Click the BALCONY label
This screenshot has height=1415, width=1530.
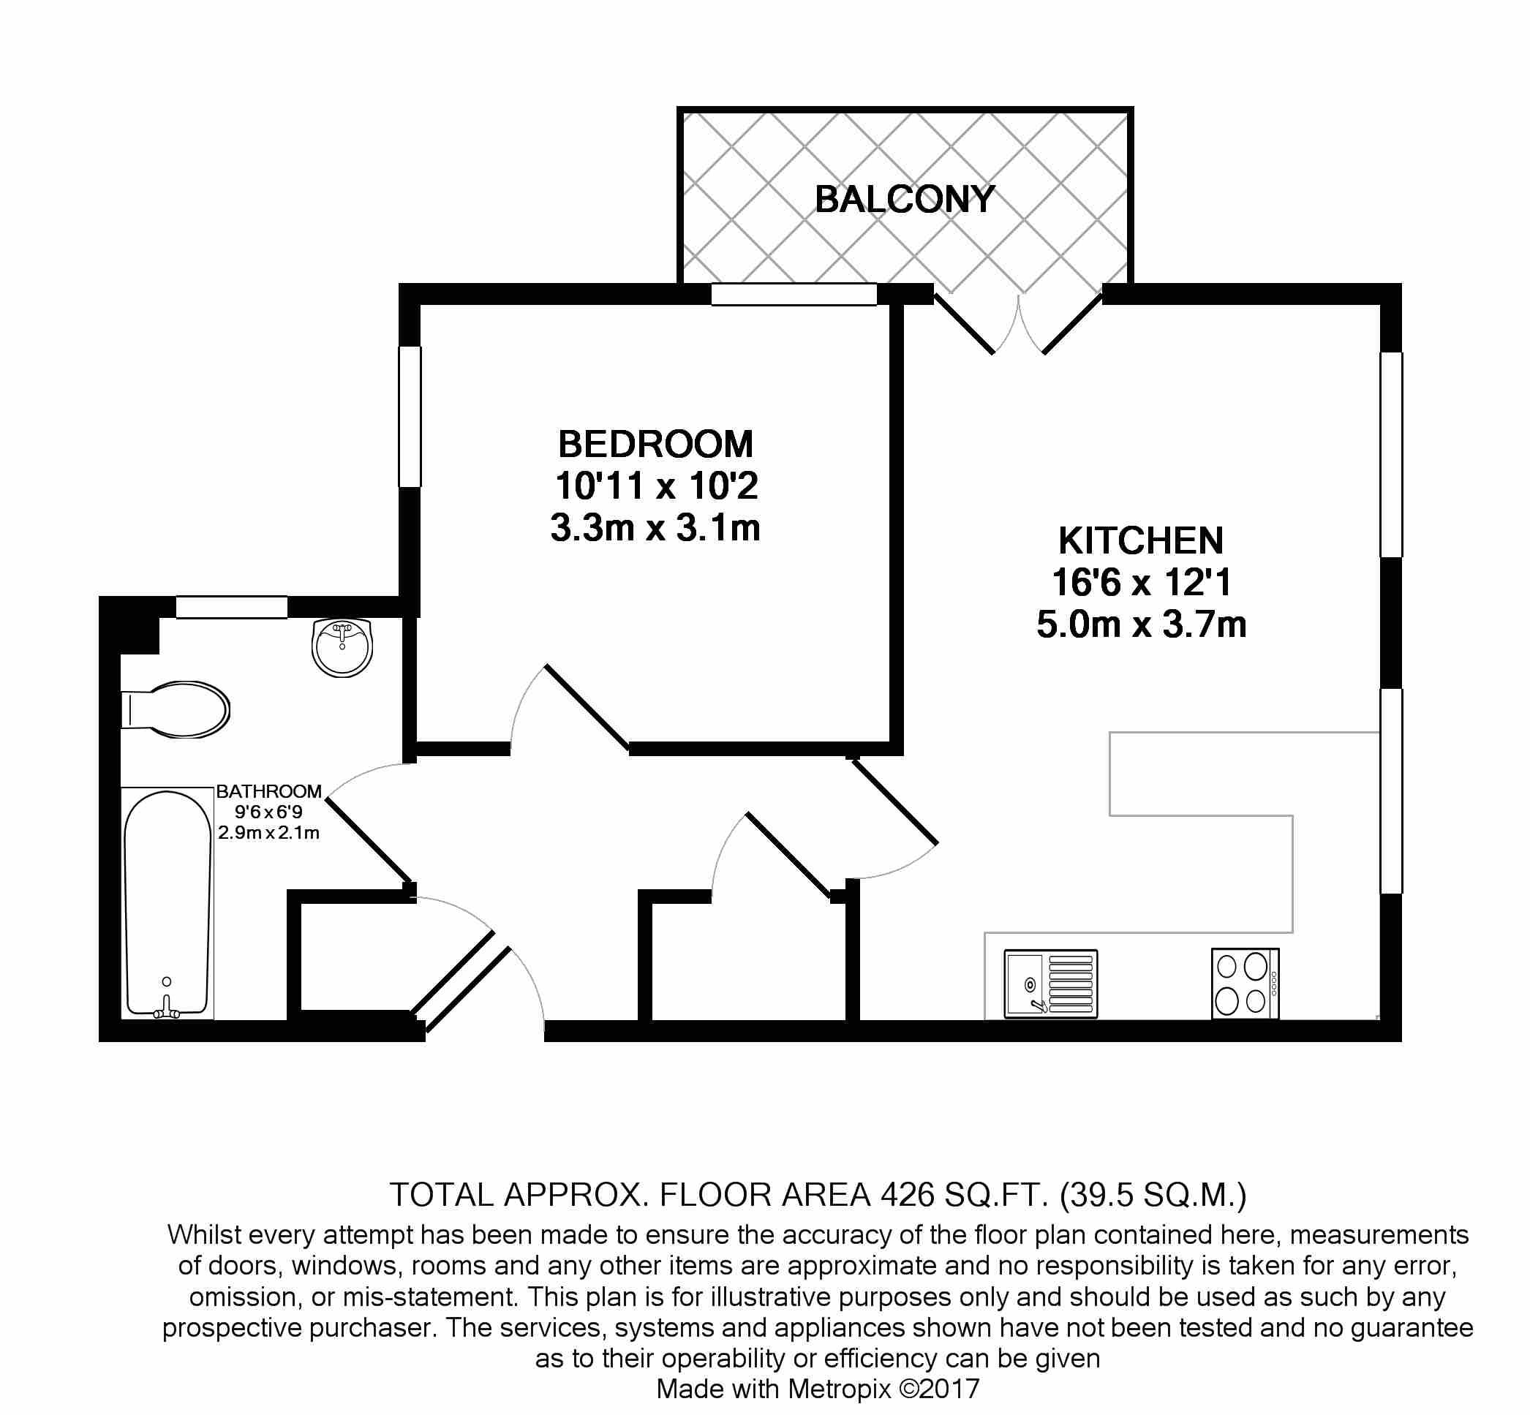(905, 200)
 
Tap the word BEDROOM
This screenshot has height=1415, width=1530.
(655, 444)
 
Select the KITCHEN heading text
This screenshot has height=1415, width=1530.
(1141, 541)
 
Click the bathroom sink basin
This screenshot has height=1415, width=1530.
(342, 648)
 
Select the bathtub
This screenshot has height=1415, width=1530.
(167, 904)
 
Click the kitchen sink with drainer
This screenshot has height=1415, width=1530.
(1051, 983)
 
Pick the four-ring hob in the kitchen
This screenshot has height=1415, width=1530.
(1244, 983)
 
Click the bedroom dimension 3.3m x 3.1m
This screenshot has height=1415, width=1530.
(655, 528)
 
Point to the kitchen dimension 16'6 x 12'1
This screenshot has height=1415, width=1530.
(1141, 583)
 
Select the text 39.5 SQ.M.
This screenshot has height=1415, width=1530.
(1153, 1194)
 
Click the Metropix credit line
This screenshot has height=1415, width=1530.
(818, 1389)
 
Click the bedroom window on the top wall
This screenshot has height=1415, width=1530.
(794, 294)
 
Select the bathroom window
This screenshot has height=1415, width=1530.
(231, 607)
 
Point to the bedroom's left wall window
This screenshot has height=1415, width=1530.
(410, 417)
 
